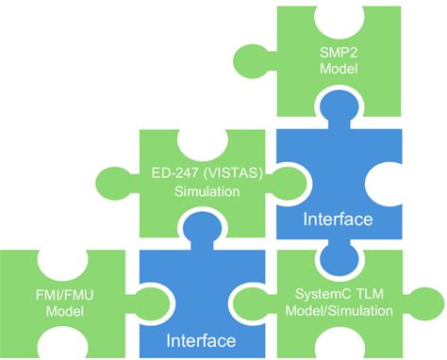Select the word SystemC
point(311,292)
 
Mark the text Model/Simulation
point(336,310)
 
